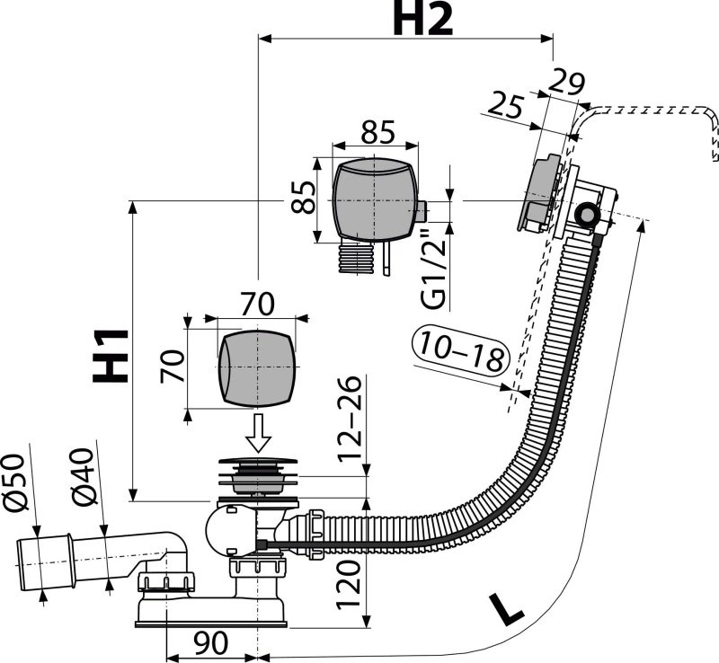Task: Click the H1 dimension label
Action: pyautogui.click(x=111, y=355)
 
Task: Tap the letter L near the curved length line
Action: pyautogui.click(x=508, y=611)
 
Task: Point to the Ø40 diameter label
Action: pyautogui.click(x=86, y=485)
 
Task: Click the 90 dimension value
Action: pyautogui.click(x=210, y=644)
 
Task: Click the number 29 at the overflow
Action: pyautogui.click(x=566, y=83)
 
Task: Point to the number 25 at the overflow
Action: pyautogui.click(x=505, y=106)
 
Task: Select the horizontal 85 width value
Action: pyautogui.click(x=377, y=132)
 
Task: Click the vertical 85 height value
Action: pyautogui.click(x=306, y=198)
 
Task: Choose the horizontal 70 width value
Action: pyautogui.click(x=257, y=305)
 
